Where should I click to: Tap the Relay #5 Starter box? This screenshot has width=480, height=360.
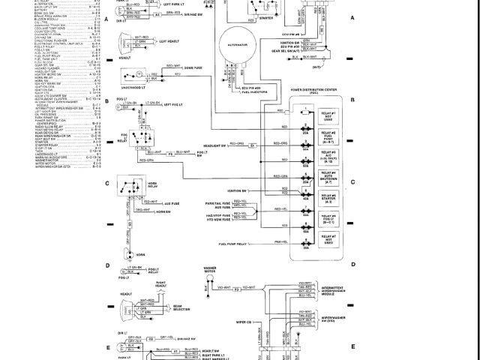[x=327, y=199]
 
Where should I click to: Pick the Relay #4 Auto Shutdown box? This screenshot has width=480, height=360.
[x=327, y=178]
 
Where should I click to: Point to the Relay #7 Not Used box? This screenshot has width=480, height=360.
[x=327, y=241]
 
